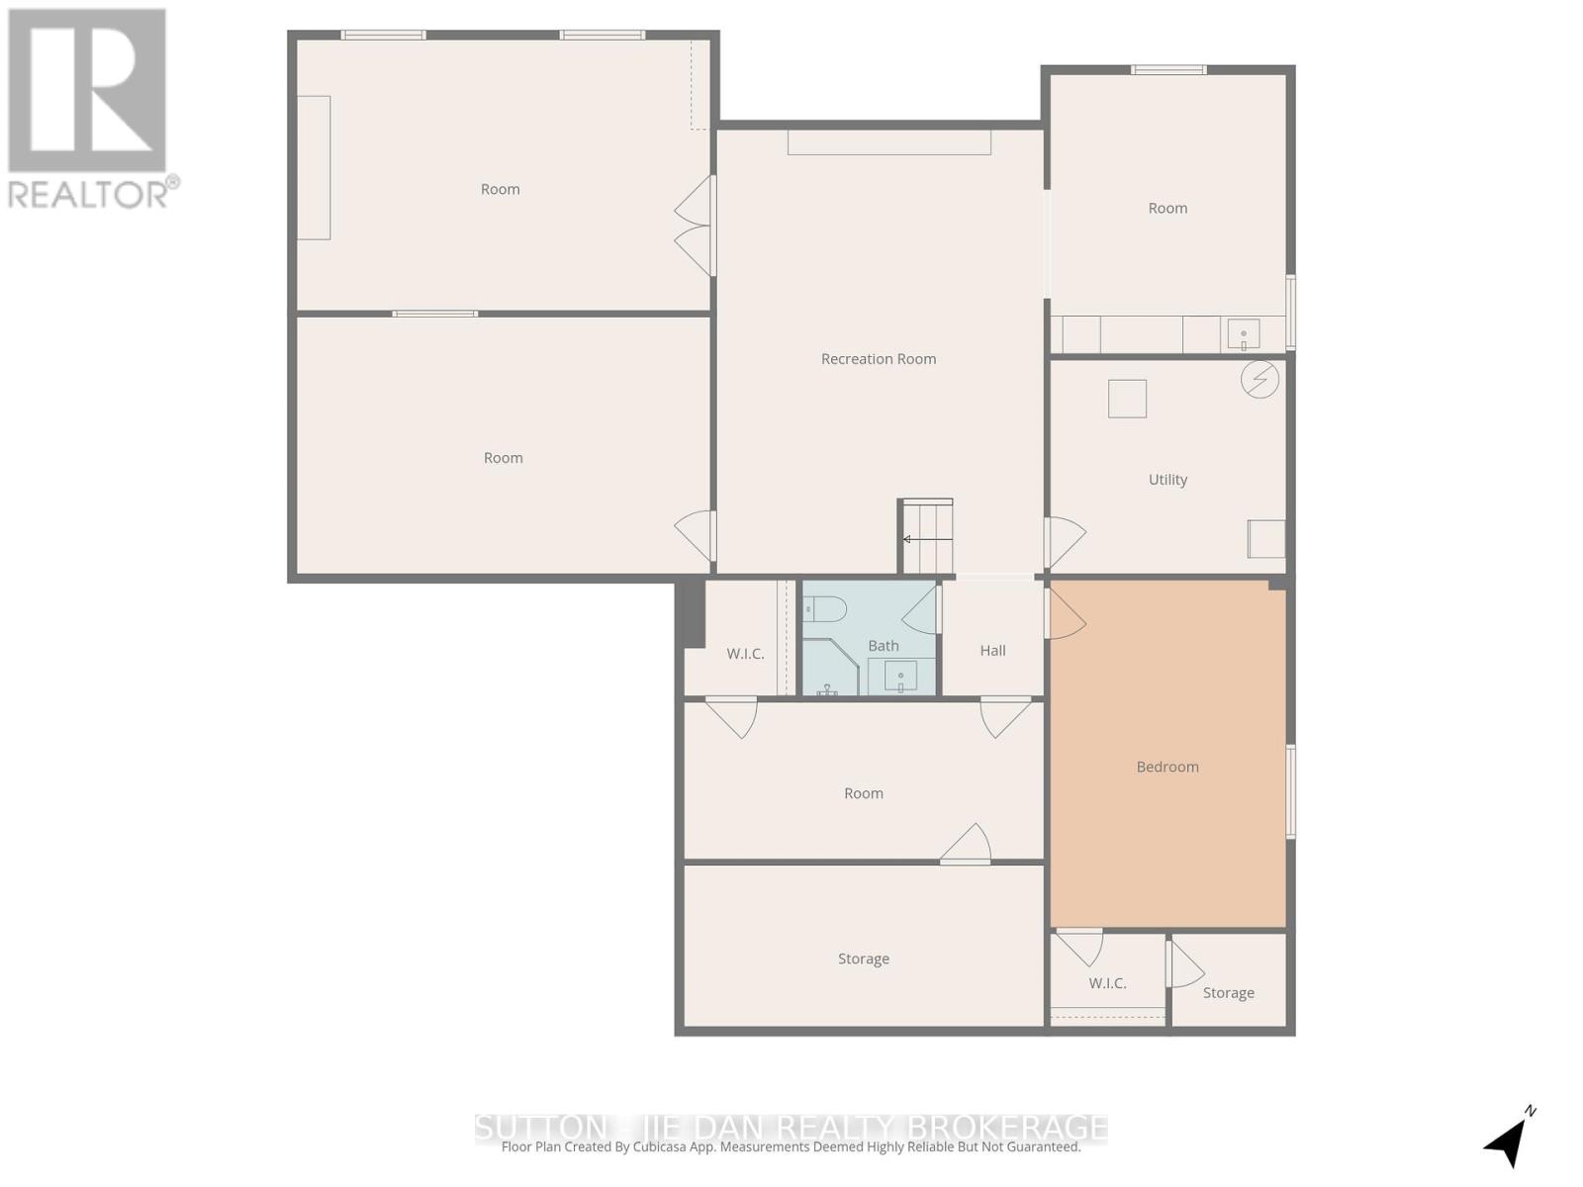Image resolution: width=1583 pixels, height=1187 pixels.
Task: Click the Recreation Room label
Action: click(x=879, y=359)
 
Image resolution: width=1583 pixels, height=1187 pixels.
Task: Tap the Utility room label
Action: click(x=1167, y=480)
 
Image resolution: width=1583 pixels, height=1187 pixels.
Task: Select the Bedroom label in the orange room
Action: click(x=1167, y=767)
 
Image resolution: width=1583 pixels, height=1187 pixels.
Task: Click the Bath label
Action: click(x=884, y=646)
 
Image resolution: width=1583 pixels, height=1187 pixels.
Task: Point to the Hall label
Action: click(x=992, y=651)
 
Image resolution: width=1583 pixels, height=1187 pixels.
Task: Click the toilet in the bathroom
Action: click(x=825, y=608)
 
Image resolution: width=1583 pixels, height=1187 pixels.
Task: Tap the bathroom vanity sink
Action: click(x=900, y=678)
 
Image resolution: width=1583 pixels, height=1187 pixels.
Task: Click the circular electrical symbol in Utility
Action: click(x=1259, y=379)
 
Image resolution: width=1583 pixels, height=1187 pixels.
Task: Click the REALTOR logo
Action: click(x=89, y=109)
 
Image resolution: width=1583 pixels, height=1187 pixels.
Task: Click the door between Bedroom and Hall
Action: click(x=1064, y=614)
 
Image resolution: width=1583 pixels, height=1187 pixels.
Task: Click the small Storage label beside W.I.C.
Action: click(x=1228, y=993)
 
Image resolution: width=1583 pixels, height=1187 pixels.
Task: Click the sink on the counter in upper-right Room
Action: click(x=1244, y=335)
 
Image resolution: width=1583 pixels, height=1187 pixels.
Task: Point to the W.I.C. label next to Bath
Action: click(x=745, y=654)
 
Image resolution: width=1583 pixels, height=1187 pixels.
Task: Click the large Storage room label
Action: click(x=863, y=959)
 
